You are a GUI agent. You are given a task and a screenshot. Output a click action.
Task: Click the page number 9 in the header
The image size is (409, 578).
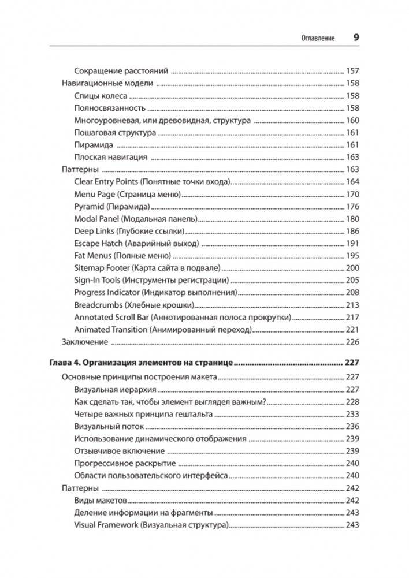(x=356, y=37)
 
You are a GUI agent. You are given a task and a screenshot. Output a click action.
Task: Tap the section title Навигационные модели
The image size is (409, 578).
(x=106, y=84)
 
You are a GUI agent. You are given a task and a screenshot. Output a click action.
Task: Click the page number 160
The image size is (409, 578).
(x=352, y=121)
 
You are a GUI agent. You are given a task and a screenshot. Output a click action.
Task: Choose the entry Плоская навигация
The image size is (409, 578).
(x=111, y=157)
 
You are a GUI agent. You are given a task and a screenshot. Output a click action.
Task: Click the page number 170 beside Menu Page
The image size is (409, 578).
(x=352, y=195)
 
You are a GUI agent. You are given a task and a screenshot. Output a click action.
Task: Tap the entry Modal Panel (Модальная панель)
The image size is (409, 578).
(x=136, y=219)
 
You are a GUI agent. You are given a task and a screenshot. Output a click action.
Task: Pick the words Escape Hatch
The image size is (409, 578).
(x=98, y=244)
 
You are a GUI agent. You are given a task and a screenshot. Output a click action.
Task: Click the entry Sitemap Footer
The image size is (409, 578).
(x=102, y=269)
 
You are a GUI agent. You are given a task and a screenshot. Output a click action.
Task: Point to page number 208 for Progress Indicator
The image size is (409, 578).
(x=352, y=293)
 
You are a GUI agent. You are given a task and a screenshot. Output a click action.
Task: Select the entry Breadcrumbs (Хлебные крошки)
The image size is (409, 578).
(x=134, y=305)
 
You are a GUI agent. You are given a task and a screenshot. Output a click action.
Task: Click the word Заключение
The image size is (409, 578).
(x=84, y=342)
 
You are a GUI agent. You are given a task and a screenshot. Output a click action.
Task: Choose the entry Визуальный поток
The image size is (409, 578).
(x=109, y=427)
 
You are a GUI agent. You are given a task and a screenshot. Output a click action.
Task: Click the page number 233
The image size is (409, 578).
(x=352, y=415)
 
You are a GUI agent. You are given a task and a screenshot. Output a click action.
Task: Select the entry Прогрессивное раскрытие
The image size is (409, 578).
(x=125, y=464)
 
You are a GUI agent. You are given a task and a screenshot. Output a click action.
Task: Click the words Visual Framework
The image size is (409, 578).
(x=106, y=525)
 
